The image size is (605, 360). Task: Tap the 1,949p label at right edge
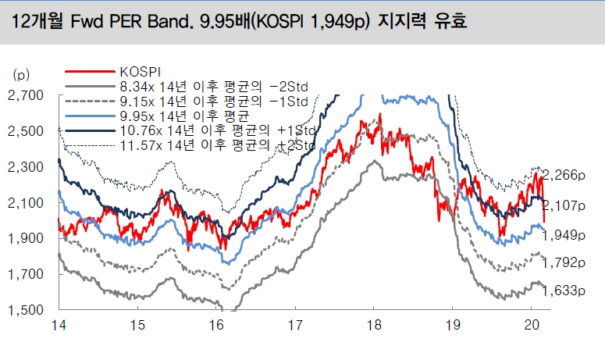[x=562, y=234]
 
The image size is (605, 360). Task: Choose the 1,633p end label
[x=562, y=291]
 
